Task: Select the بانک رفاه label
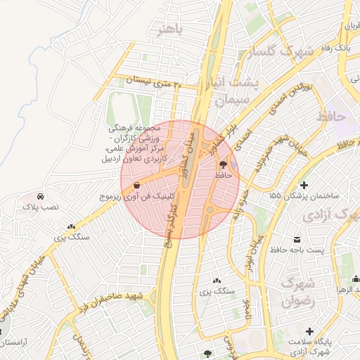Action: tap(334, 49)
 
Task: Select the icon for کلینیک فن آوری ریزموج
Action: tap(136, 186)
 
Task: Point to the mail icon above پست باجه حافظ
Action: tap(299, 239)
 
